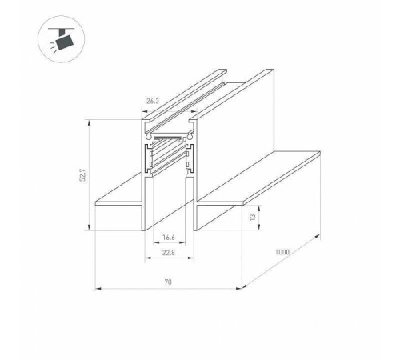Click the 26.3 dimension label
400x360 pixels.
[x=153, y=101]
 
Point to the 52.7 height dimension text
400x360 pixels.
[x=83, y=175]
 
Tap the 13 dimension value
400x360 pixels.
[x=252, y=217]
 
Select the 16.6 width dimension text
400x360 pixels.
[x=169, y=237]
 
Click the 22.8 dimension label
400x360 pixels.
[x=169, y=252]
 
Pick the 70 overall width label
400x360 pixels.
[x=168, y=282]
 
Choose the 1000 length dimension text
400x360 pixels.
[x=282, y=252]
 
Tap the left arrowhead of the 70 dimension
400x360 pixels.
[x=98, y=288]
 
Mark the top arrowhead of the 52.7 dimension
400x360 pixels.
[x=89, y=123]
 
